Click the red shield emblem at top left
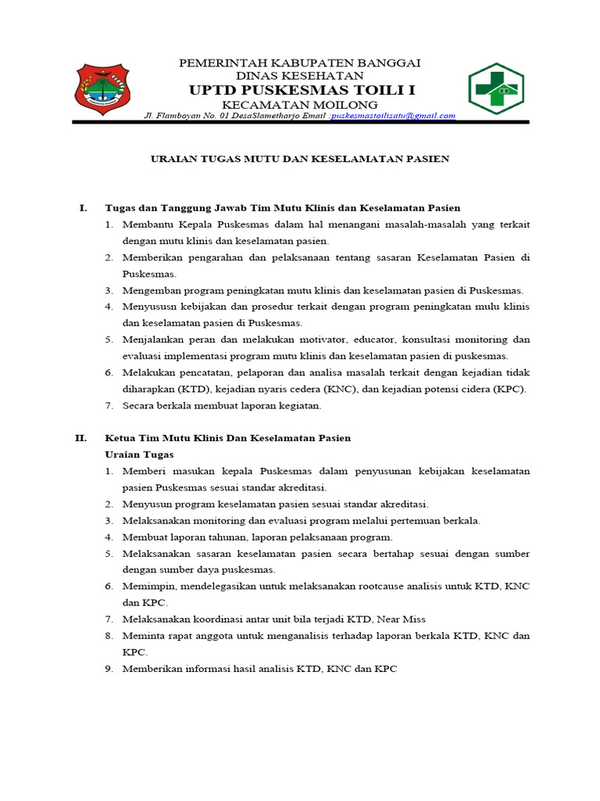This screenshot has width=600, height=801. (x=104, y=88)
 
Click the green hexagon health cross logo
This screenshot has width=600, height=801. (x=495, y=88)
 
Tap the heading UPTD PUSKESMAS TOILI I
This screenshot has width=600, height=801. (x=300, y=91)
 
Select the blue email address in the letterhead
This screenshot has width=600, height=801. (x=393, y=116)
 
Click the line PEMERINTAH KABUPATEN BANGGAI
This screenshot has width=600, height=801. (x=300, y=63)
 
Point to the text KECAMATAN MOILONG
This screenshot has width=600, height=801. (x=300, y=105)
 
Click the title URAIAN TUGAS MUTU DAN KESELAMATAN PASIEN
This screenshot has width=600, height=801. (x=300, y=158)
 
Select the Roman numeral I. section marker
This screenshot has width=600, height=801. (x=83, y=208)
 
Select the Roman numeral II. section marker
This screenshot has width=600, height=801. (x=81, y=438)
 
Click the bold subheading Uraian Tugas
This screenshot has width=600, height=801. (x=139, y=454)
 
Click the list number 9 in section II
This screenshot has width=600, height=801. (x=109, y=669)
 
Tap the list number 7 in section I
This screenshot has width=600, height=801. (x=109, y=405)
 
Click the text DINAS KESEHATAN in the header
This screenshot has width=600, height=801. (x=300, y=76)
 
